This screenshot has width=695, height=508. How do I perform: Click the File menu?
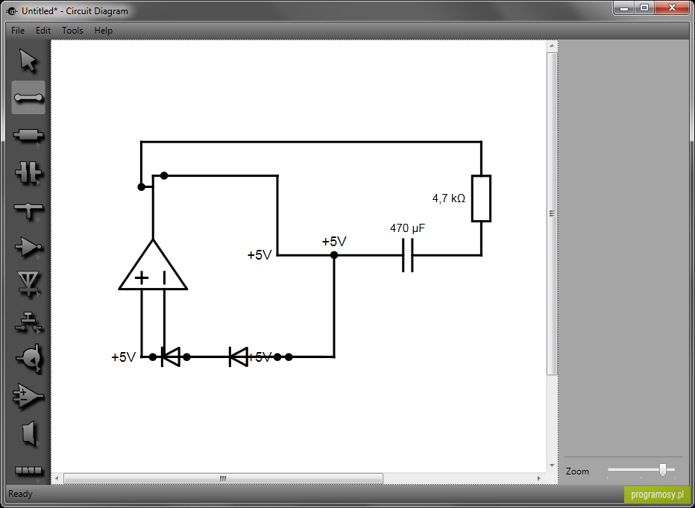pos(18,31)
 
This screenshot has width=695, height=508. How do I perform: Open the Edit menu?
pos(43,31)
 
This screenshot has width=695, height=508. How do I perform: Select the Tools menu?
pos(72,31)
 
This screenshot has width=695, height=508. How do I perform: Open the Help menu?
pos(103,31)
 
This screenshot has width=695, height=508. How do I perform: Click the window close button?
pos(672,7)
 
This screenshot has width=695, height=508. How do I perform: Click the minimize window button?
pos(624,7)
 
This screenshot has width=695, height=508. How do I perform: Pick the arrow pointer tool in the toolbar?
pos(28,60)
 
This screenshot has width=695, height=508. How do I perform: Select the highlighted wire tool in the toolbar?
pos(28,98)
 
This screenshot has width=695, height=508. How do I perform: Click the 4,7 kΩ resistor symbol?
pos(481,198)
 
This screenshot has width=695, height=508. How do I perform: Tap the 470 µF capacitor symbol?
pos(408,255)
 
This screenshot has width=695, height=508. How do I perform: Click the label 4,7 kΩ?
pos(449,198)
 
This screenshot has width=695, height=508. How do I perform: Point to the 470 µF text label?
pos(407,228)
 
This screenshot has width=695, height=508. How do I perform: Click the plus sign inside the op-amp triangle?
pos(142,278)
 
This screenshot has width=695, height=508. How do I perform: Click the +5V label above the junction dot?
pos(334,242)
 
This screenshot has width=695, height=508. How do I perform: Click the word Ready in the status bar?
pos(20,493)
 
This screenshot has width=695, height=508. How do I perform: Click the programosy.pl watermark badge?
pos(657,495)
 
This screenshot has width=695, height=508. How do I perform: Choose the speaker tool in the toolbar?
pos(29,433)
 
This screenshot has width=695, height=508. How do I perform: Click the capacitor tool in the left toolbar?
pos(28,172)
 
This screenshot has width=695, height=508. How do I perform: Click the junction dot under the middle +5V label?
pos(334,255)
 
